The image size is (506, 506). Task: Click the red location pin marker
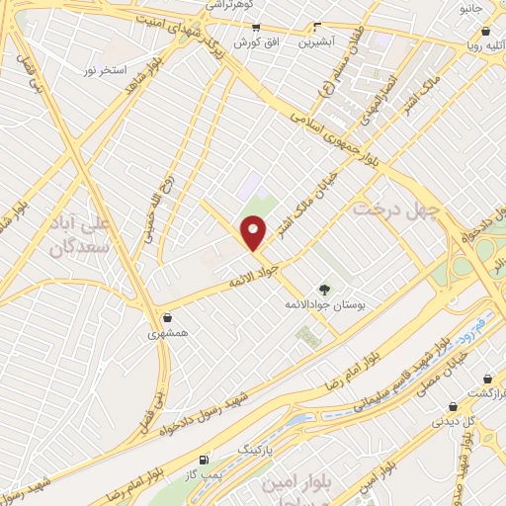254,232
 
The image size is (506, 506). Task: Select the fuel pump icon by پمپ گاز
204,461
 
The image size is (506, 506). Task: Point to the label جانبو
472,8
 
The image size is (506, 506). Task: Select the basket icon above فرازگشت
488,379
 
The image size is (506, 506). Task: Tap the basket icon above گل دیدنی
454,406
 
